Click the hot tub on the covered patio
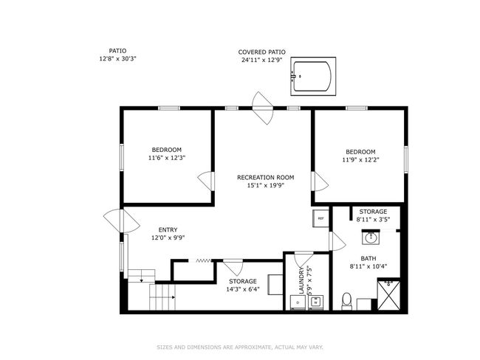[x=313, y=76]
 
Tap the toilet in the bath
[x=346, y=301]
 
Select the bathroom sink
[x=371, y=238]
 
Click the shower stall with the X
[x=388, y=294]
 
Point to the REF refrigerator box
[x=320, y=218]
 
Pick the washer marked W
[x=315, y=302]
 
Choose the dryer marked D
[x=298, y=302]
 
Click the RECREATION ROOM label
[x=265, y=177]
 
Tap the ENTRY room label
[x=168, y=229]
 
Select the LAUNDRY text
[x=301, y=280]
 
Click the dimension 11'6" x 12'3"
[x=167, y=158]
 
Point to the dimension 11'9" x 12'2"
[x=360, y=159]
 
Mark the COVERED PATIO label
[x=261, y=52]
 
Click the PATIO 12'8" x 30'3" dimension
[x=117, y=59]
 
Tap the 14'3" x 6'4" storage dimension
[x=243, y=289]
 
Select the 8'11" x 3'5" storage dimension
[x=373, y=219]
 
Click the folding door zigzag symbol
[x=204, y=261]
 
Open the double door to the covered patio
[x=262, y=108]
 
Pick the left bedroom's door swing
[x=206, y=181]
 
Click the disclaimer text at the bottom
[x=240, y=347]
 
